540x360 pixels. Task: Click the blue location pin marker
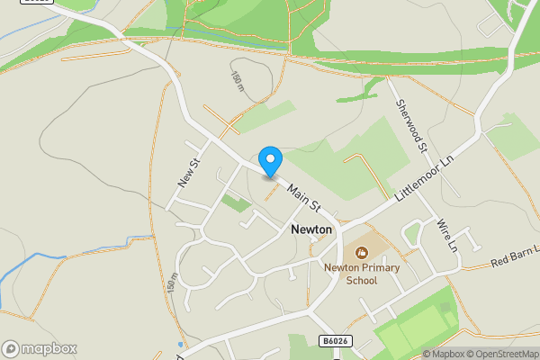(x=270, y=160)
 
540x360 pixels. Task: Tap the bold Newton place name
(x=311, y=230)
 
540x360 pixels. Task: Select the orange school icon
(x=362, y=254)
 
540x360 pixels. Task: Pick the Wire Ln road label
(x=447, y=234)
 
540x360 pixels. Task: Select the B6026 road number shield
(x=332, y=340)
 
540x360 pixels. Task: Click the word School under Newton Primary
(x=362, y=280)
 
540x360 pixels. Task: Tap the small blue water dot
(x=180, y=344)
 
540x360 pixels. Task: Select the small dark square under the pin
(x=270, y=177)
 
